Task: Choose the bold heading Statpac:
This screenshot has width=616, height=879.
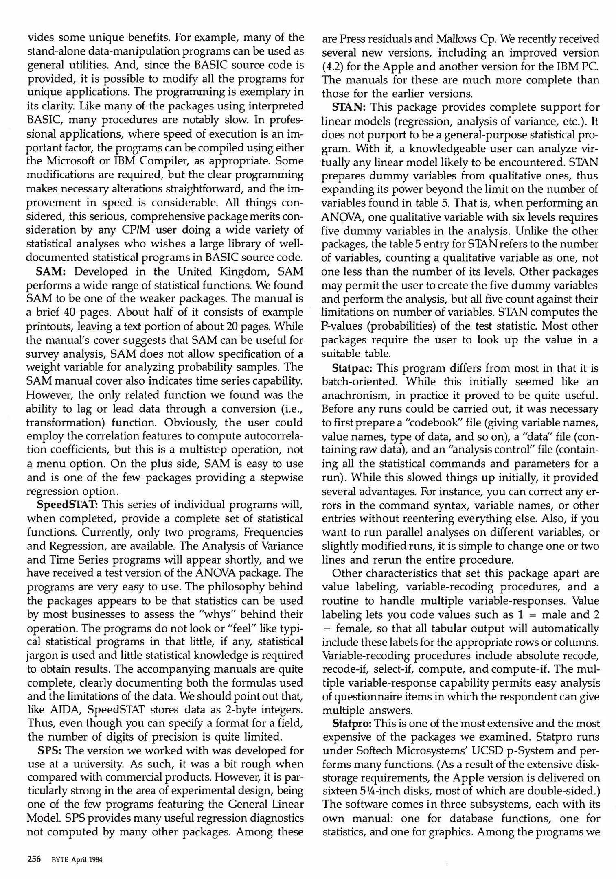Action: tap(352, 368)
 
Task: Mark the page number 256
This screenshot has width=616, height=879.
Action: tap(34, 859)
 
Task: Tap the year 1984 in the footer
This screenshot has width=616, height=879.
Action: tap(94, 860)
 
